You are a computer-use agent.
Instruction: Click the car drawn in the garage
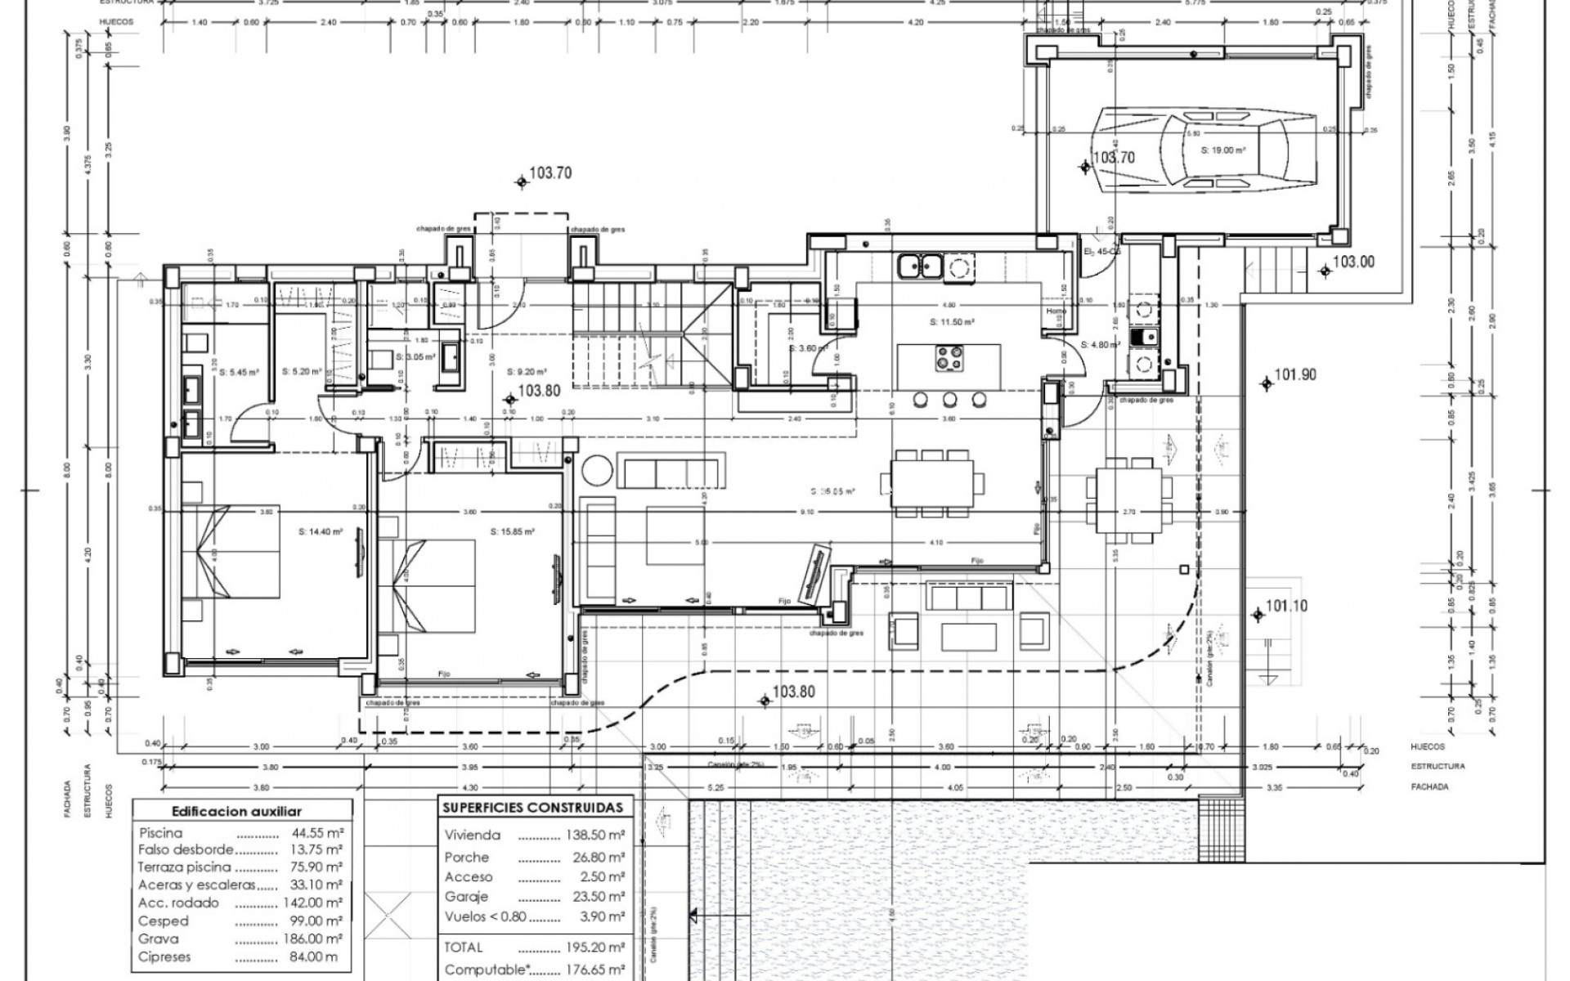tap(1194, 151)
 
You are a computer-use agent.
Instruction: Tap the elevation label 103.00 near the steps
tap(1353, 262)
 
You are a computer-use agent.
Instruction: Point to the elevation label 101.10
tap(1286, 607)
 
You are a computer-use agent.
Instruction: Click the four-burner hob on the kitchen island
tap(949, 357)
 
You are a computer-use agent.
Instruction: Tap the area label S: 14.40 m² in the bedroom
tap(321, 531)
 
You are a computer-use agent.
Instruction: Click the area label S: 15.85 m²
tap(513, 531)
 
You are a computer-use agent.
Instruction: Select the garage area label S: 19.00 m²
tap(1222, 150)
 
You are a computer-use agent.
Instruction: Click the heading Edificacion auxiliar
tap(236, 812)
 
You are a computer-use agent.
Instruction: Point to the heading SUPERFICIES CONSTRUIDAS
tap(532, 808)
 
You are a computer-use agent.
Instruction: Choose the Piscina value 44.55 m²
tap(316, 834)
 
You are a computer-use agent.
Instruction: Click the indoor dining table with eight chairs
tap(932, 483)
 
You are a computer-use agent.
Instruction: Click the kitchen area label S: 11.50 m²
tap(951, 322)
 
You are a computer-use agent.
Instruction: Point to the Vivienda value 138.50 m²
tap(594, 835)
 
